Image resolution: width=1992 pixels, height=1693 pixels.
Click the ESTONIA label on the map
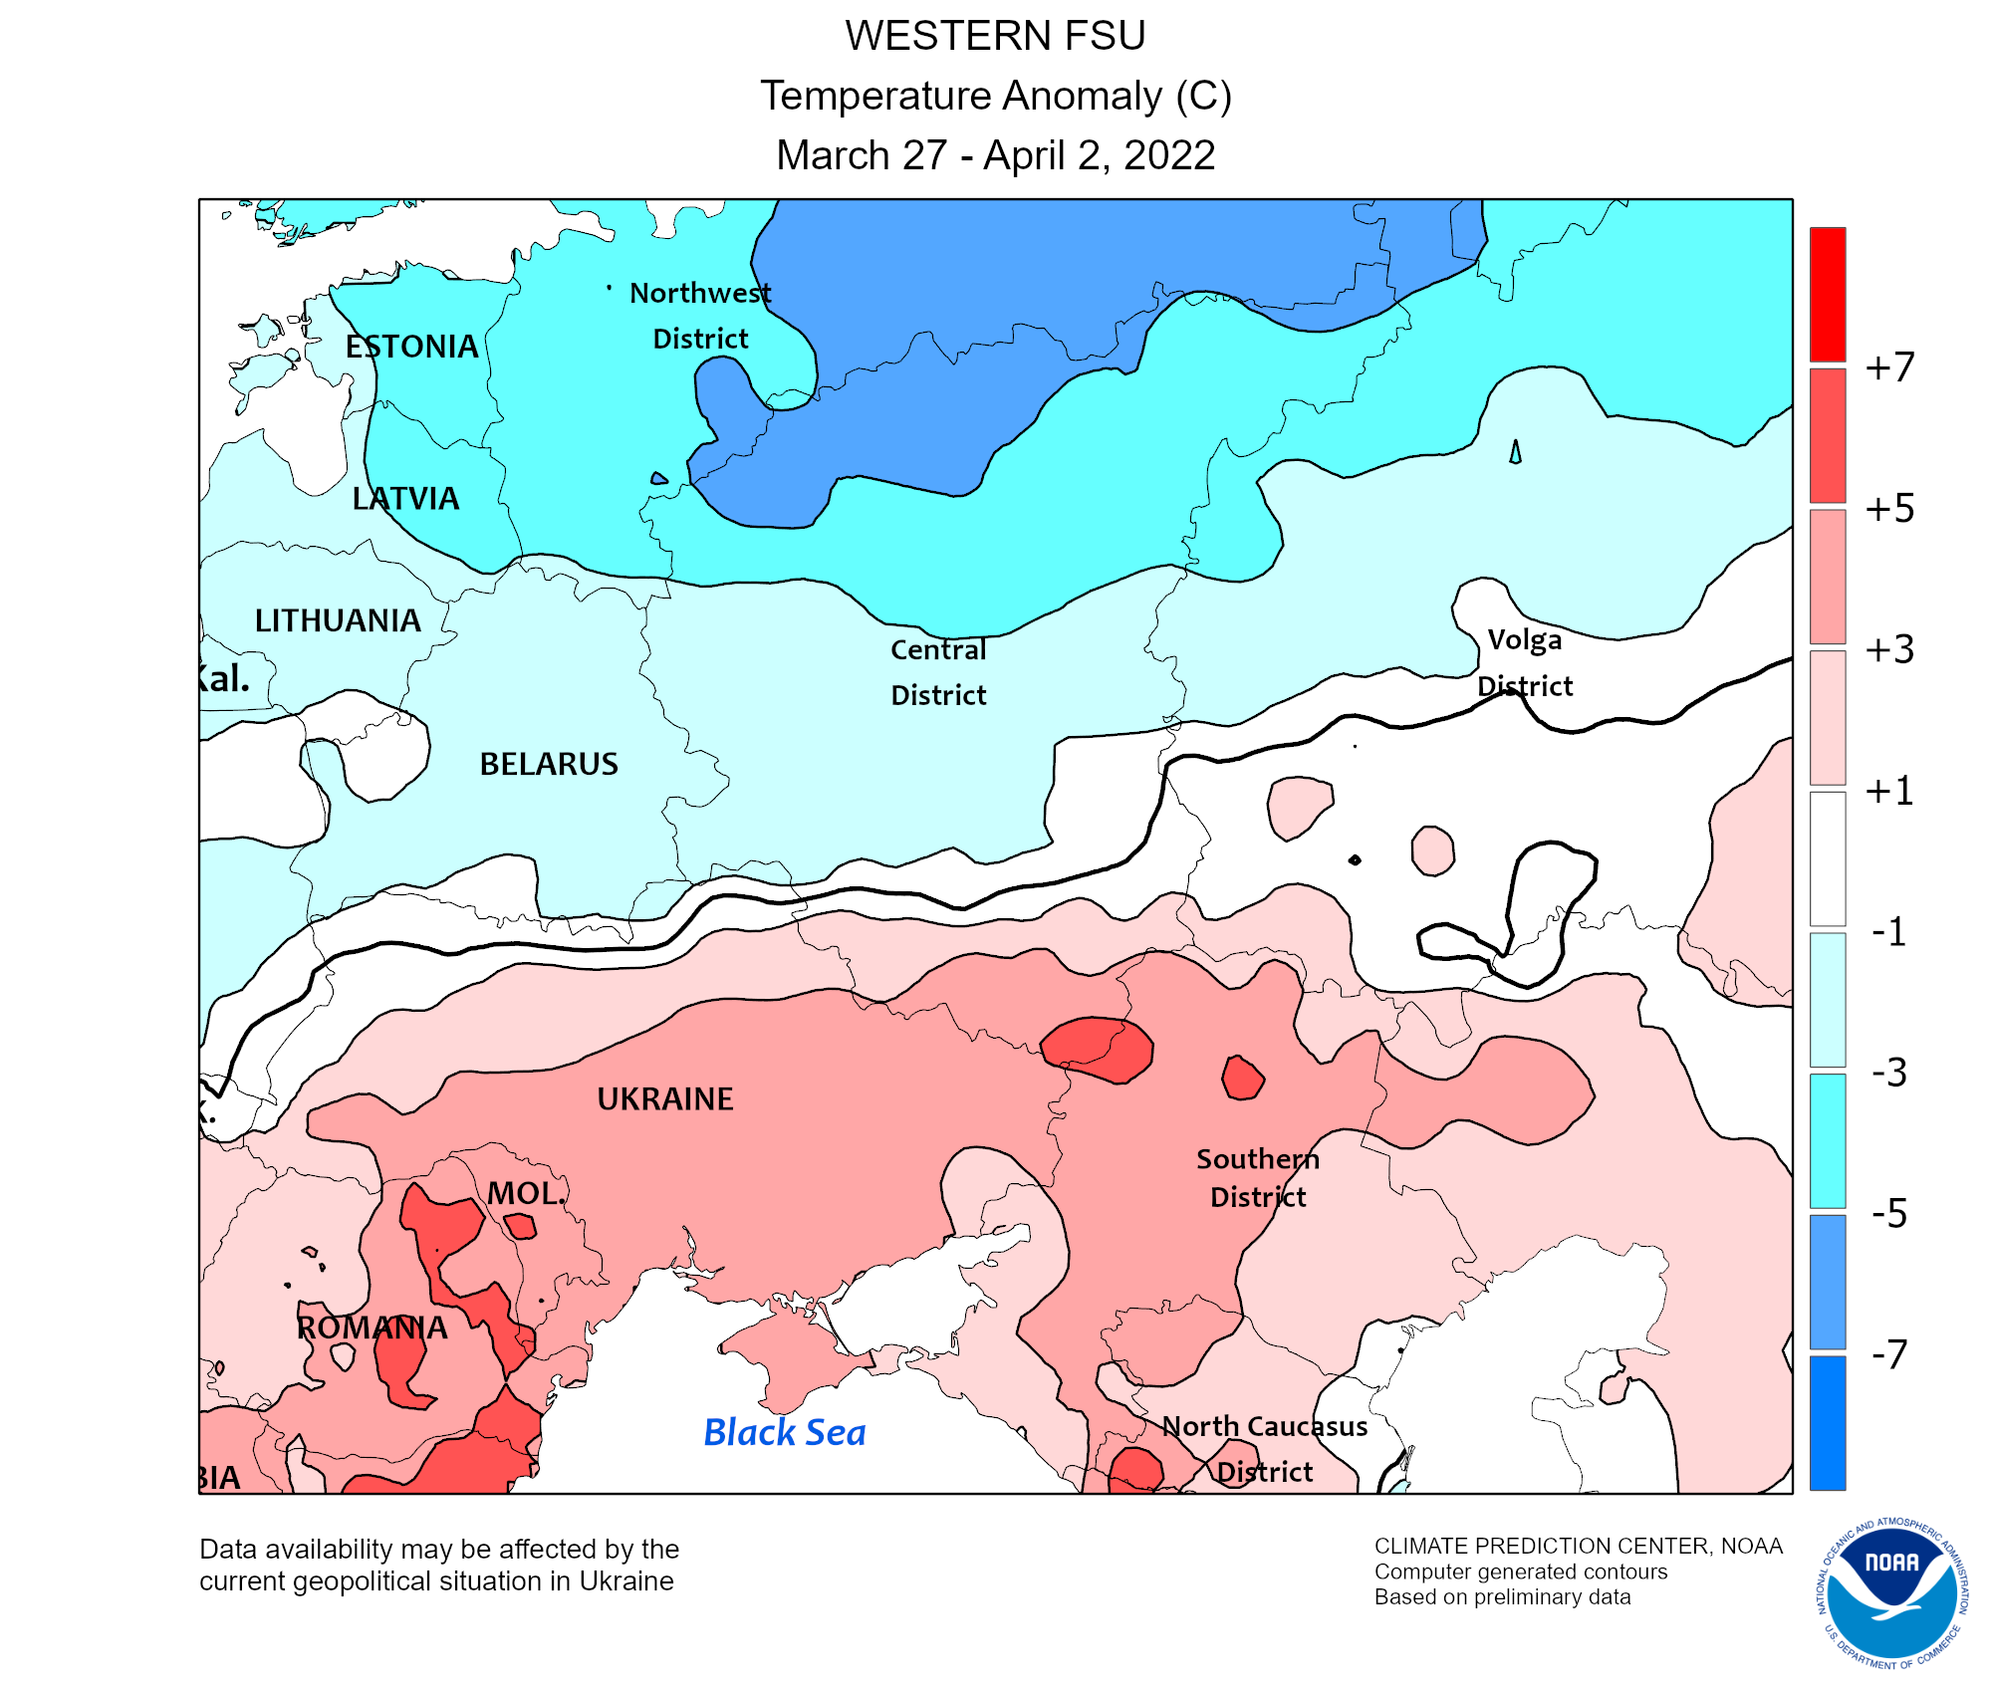click(411, 347)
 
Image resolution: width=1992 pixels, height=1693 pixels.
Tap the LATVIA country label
click(405, 498)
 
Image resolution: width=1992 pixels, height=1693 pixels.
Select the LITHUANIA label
click(338, 620)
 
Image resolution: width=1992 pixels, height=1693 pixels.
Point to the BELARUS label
click(549, 764)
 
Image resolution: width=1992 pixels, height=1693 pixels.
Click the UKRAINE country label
click(664, 1098)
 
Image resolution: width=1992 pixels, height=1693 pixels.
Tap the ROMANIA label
click(372, 1328)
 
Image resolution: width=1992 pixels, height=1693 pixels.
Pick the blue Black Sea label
click(784, 1432)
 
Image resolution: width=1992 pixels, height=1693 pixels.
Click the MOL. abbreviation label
click(526, 1193)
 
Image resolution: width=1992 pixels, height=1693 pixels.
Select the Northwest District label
click(700, 315)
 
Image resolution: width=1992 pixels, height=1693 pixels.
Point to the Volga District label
click(1525, 662)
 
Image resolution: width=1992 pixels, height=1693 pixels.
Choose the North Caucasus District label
click(1265, 1449)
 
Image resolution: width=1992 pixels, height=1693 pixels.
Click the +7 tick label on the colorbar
click(1889, 367)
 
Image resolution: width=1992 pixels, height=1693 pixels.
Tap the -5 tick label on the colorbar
click(1889, 1214)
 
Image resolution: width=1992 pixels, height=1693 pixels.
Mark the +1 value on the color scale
click(1889, 791)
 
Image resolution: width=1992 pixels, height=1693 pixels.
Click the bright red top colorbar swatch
click(1827, 294)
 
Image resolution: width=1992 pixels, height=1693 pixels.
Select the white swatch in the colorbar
click(1827, 858)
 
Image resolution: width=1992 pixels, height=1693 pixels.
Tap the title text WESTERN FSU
click(995, 36)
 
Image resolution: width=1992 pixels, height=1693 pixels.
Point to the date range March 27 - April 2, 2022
click(995, 155)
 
